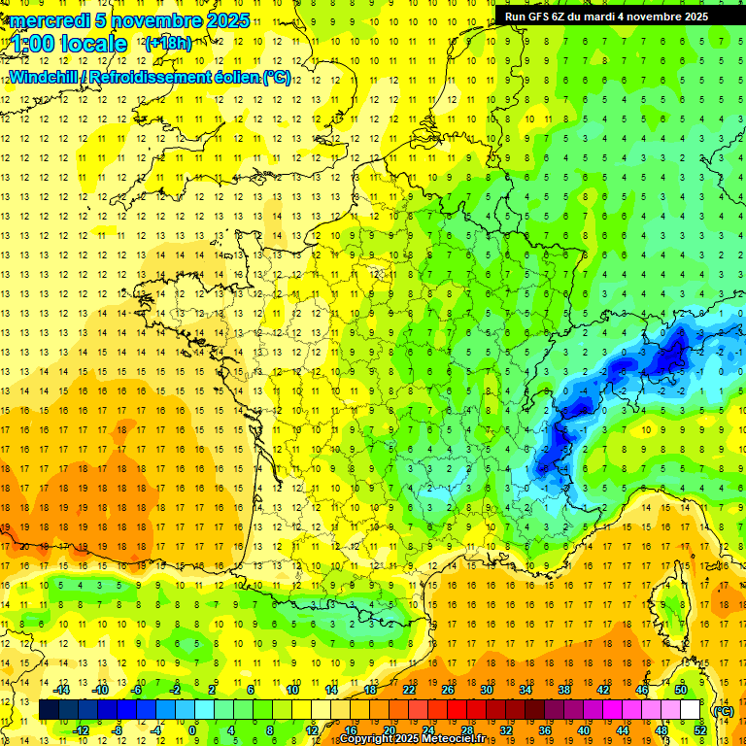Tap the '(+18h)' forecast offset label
point(168,43)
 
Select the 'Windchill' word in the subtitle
point(45,78)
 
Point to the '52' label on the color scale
point(699,730)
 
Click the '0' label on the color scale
point(192,730)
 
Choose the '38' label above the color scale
point(564,690)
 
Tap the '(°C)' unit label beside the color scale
point(722,710)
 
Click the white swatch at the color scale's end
point(691,710)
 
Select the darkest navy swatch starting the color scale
point(49,710)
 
